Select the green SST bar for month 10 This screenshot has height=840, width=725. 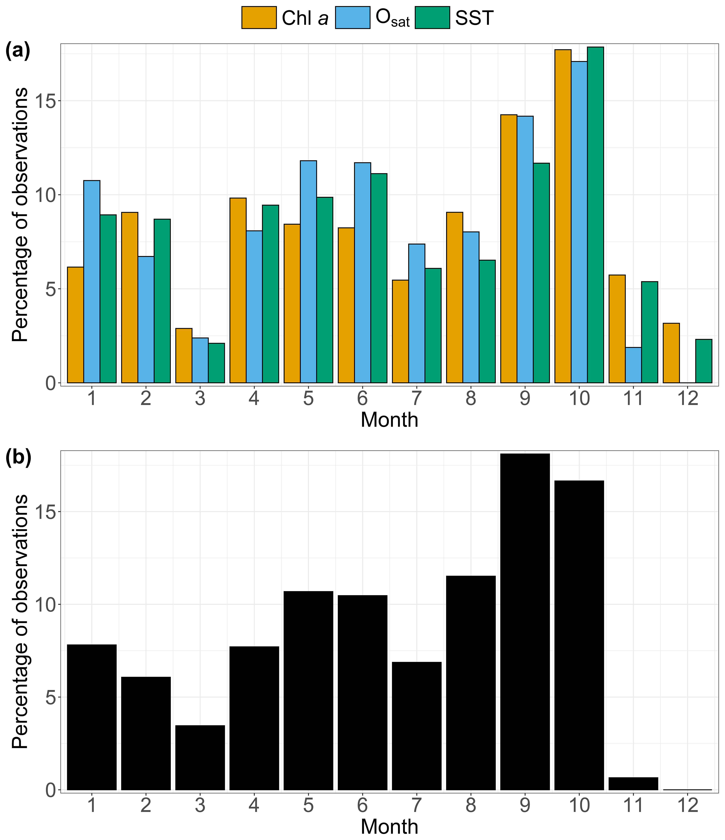[595, 215]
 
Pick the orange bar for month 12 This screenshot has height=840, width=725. [671, 353]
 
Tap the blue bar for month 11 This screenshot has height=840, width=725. [633, 365]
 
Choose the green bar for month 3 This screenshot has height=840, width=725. [216, 363]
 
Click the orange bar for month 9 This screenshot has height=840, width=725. [508, 248]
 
